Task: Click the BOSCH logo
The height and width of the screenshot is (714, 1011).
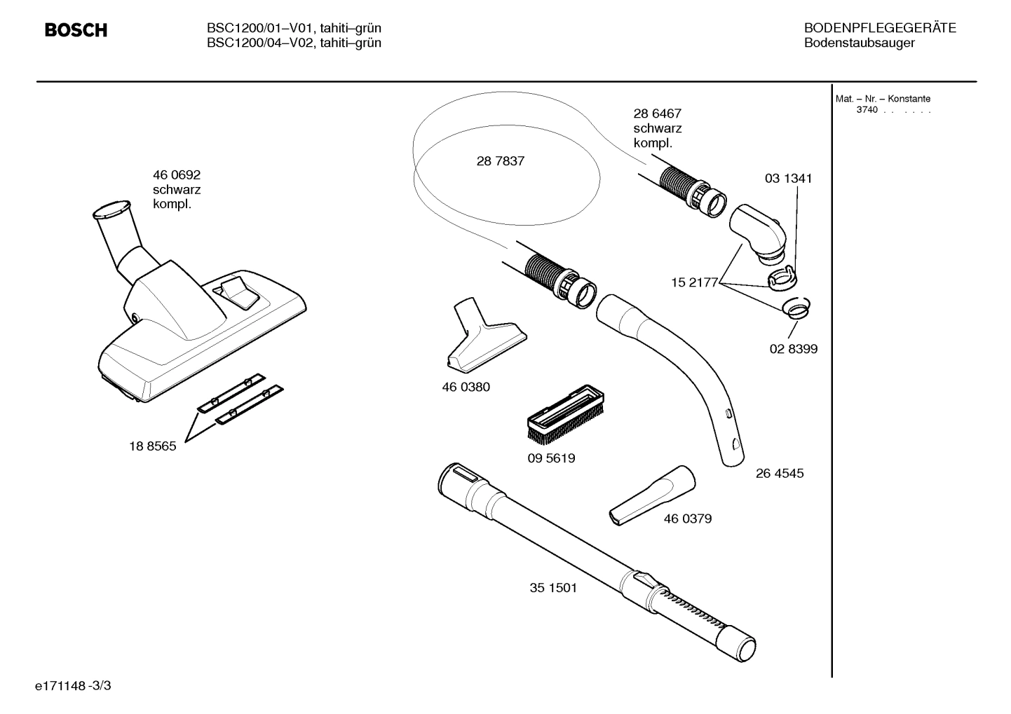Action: pyautogui.click(x=76, y=30)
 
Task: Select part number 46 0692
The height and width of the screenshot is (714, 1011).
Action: pyautogui.click(x=176, y=175)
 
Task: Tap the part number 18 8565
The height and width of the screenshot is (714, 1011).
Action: pyautogui.click(x=152, y=446)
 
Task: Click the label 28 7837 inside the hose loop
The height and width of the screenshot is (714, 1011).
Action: pyautogui.click(x=500, y=161)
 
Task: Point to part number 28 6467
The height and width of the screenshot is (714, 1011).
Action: pyautogui.click(x=657, y=114)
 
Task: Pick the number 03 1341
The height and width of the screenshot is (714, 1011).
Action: pyautogui.click(x=788, y=179)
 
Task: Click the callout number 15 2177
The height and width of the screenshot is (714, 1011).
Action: pyautogui.click(x=694, y=282)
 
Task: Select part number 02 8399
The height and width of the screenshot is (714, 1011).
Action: pyautogui.click(x=793, y=349)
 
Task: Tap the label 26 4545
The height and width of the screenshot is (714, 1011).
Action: pyautogui.click(x=779, y=474)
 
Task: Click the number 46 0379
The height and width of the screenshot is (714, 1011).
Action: pyautogui.click(x=687, y=519)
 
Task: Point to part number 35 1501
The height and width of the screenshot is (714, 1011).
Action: pyautogui.click(x=553, y=588)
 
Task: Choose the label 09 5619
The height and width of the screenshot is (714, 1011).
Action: pyautogui.click(x=551, y=459)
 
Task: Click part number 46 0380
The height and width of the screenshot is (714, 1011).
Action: pyautogui.click(x=466, y=387)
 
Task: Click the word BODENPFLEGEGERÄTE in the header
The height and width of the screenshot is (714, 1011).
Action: pyautogui.click(x=879, y=29)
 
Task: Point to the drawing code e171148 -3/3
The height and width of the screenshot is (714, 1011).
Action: pyautogui.click(x=73, y=685)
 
